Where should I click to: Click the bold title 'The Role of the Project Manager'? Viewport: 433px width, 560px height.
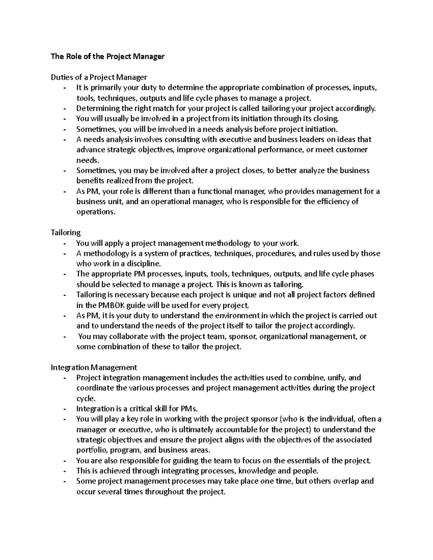[x=108, y=57]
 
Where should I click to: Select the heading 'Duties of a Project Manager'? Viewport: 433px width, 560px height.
[x=99, y=77]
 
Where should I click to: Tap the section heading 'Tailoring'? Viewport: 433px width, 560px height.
[x=66, y=233]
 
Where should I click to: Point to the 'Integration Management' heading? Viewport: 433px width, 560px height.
[x=94, y=367]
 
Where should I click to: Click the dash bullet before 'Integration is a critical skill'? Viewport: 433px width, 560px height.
[x=65, y=409]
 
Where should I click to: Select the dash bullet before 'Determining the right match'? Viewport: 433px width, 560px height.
[x=65, y=109]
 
